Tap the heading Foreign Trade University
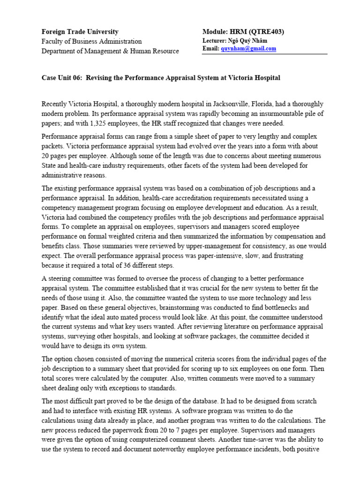80,32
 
